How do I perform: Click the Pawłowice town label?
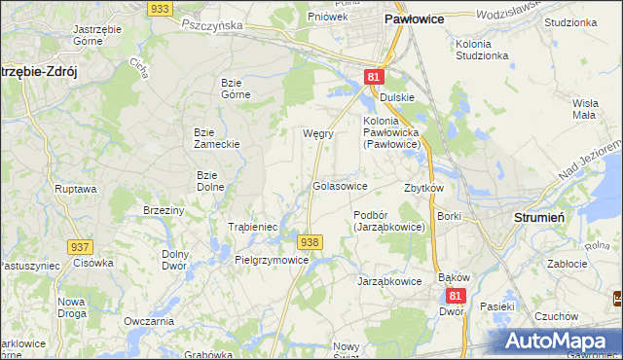(415, 18)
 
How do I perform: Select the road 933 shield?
(162, 8)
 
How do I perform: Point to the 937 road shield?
(81, 248)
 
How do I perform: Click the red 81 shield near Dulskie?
(375, 76)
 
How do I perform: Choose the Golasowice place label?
(340, 185)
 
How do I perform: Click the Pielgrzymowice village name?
(273, 261)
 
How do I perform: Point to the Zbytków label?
(423, 188)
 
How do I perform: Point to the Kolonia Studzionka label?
(482, 50)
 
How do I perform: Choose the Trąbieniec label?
(253, 227)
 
